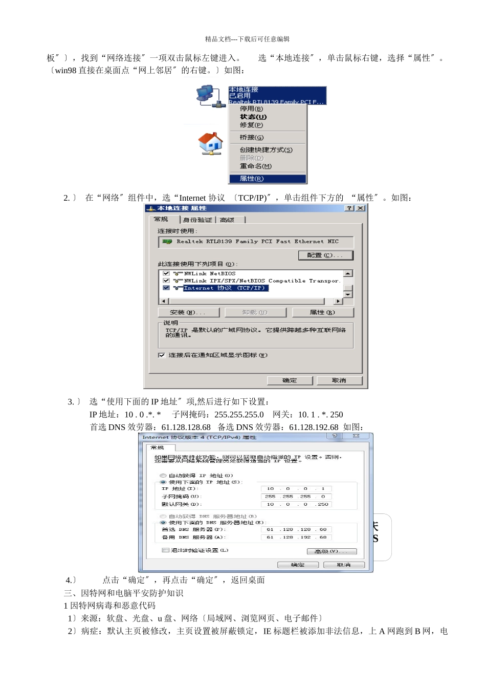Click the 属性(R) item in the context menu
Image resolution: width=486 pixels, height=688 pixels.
(x=252, y=179)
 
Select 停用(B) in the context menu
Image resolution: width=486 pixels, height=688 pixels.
(x=251, y=109)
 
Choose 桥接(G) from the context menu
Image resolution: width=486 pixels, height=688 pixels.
(x=252, y=137)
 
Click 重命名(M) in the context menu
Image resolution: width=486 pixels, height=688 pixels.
(x=255, y=166)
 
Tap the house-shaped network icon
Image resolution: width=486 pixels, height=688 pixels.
(x=210, y=143)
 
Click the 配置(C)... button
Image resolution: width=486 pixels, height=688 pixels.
(x=325, y=255)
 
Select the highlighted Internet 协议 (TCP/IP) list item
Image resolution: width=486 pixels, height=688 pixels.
(x=225, y=288)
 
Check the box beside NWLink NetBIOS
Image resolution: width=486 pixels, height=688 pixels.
(x=166, y=273)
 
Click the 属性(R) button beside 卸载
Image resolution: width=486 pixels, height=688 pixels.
(x=322, y=312)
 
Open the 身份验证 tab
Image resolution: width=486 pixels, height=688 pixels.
(x=197, y=220)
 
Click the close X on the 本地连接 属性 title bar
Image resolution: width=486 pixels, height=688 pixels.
(x=361, y=208)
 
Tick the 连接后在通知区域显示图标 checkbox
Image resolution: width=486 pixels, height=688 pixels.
(x=162, y=355)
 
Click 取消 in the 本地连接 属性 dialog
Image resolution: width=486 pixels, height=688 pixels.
(x=339, y=380)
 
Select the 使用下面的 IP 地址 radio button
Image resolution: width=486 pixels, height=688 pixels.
(x=163, y=482)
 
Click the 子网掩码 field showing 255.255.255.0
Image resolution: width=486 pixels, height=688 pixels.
(x=296, y=497)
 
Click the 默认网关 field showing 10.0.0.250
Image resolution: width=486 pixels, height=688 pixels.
(x=296, y=504)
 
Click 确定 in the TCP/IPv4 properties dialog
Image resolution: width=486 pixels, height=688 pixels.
(x=298, y=565)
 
